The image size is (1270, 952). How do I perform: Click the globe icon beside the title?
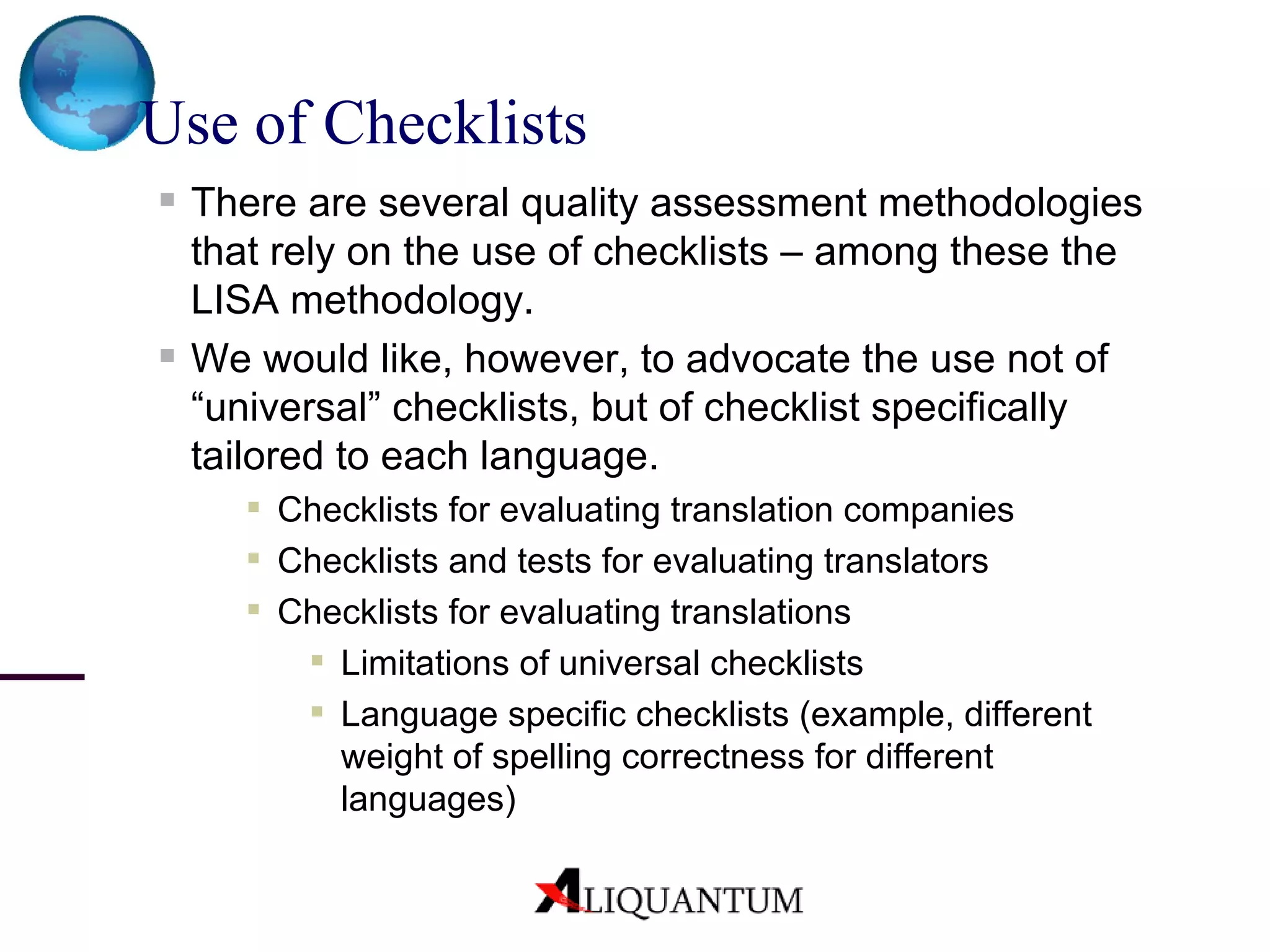pyautogui.click(x=87, y=82)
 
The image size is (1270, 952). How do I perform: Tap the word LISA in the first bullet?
pyautogui.click(x=234, y=300)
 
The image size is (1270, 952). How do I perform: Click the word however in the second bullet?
pyautogui.click(x=546, y=359)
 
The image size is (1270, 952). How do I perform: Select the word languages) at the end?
pyautogui.click(x=428, y=799)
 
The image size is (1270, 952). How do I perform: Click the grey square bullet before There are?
pyautogui.click(x=167, y=200)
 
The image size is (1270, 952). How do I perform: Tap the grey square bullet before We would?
pyautogui.click(x=167, y=356)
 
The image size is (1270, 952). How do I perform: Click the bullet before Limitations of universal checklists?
pyautogui.click(x=317, y=660)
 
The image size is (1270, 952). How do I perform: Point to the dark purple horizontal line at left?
pyautogui.click(x=42, y=677)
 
